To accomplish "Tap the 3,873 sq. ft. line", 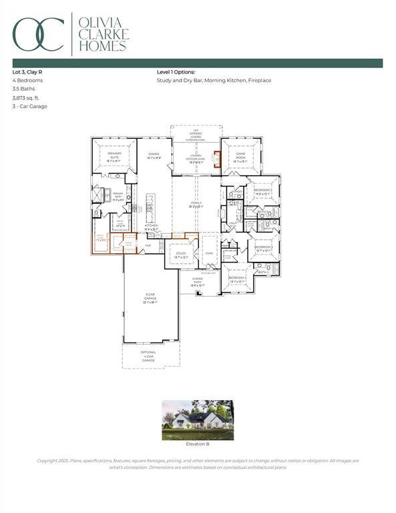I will click(27, 97).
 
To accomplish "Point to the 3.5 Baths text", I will click(23, 88).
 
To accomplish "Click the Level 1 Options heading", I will click(175, 71).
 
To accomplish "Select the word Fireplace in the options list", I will click(259, 80).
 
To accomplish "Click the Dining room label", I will click(154, 155).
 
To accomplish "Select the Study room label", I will click(180, 255).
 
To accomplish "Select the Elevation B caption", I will click(198, 444).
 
